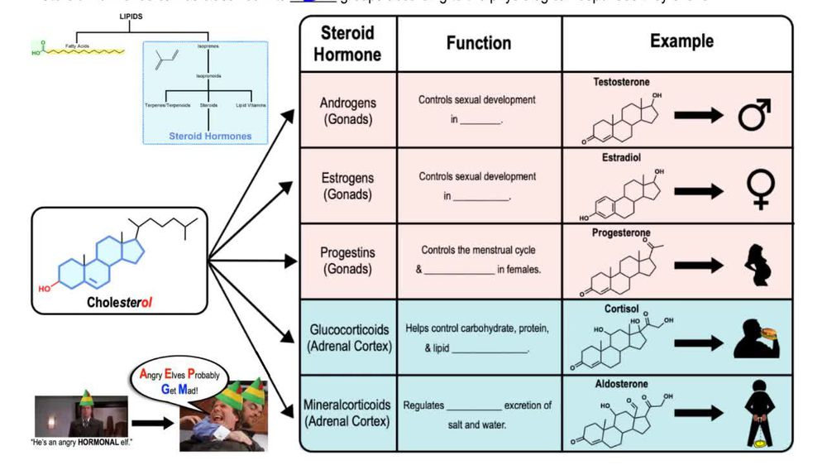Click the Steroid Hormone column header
pos(347,44)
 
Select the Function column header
pos(479,43)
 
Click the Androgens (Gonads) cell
pos(347,111)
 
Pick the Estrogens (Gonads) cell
pos(347,186)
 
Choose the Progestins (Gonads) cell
pos(347,261)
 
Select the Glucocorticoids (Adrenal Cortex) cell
pos(347,338)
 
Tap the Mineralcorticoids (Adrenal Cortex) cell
pos(347,413)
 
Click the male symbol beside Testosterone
pos(754,116)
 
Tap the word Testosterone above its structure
pos(621,83)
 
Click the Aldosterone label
pos(621,384)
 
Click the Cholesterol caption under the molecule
pos(119,302)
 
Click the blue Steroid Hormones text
pos(210,136)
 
